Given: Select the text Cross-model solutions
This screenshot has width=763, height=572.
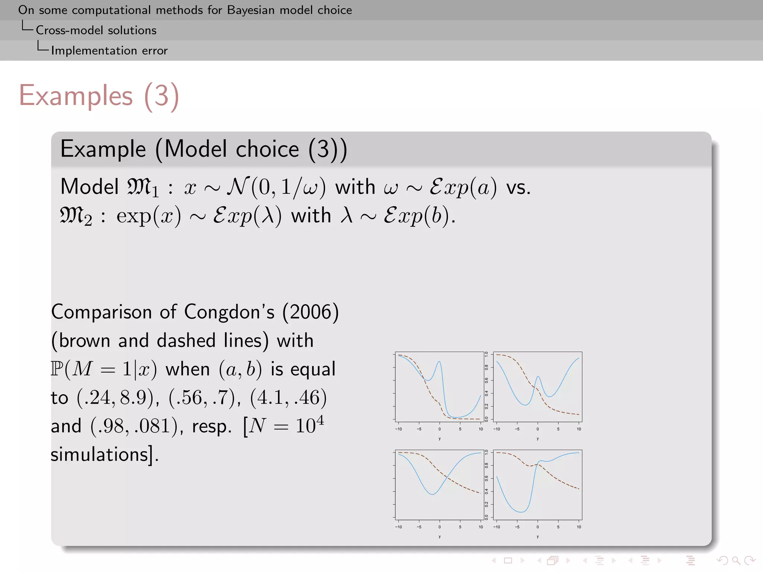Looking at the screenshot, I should coord(96,30).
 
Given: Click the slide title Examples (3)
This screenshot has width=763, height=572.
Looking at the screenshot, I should coord(99,96).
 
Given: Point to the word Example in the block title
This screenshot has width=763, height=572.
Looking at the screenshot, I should coord(103,149).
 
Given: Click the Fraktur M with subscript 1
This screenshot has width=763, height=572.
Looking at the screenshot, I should coord(143,187).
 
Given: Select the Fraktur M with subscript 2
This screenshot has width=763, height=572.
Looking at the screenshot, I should coord(76,216).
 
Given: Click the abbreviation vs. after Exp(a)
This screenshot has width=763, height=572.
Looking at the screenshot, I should coord(518,187).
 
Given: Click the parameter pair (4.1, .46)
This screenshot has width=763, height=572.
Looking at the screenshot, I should coord(288,397).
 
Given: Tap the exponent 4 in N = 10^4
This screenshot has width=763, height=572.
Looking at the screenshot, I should coord(320,420).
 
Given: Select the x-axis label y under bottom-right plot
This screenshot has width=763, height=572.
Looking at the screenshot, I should coord(538,537).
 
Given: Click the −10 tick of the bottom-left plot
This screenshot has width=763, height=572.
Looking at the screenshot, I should coord(399,527).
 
